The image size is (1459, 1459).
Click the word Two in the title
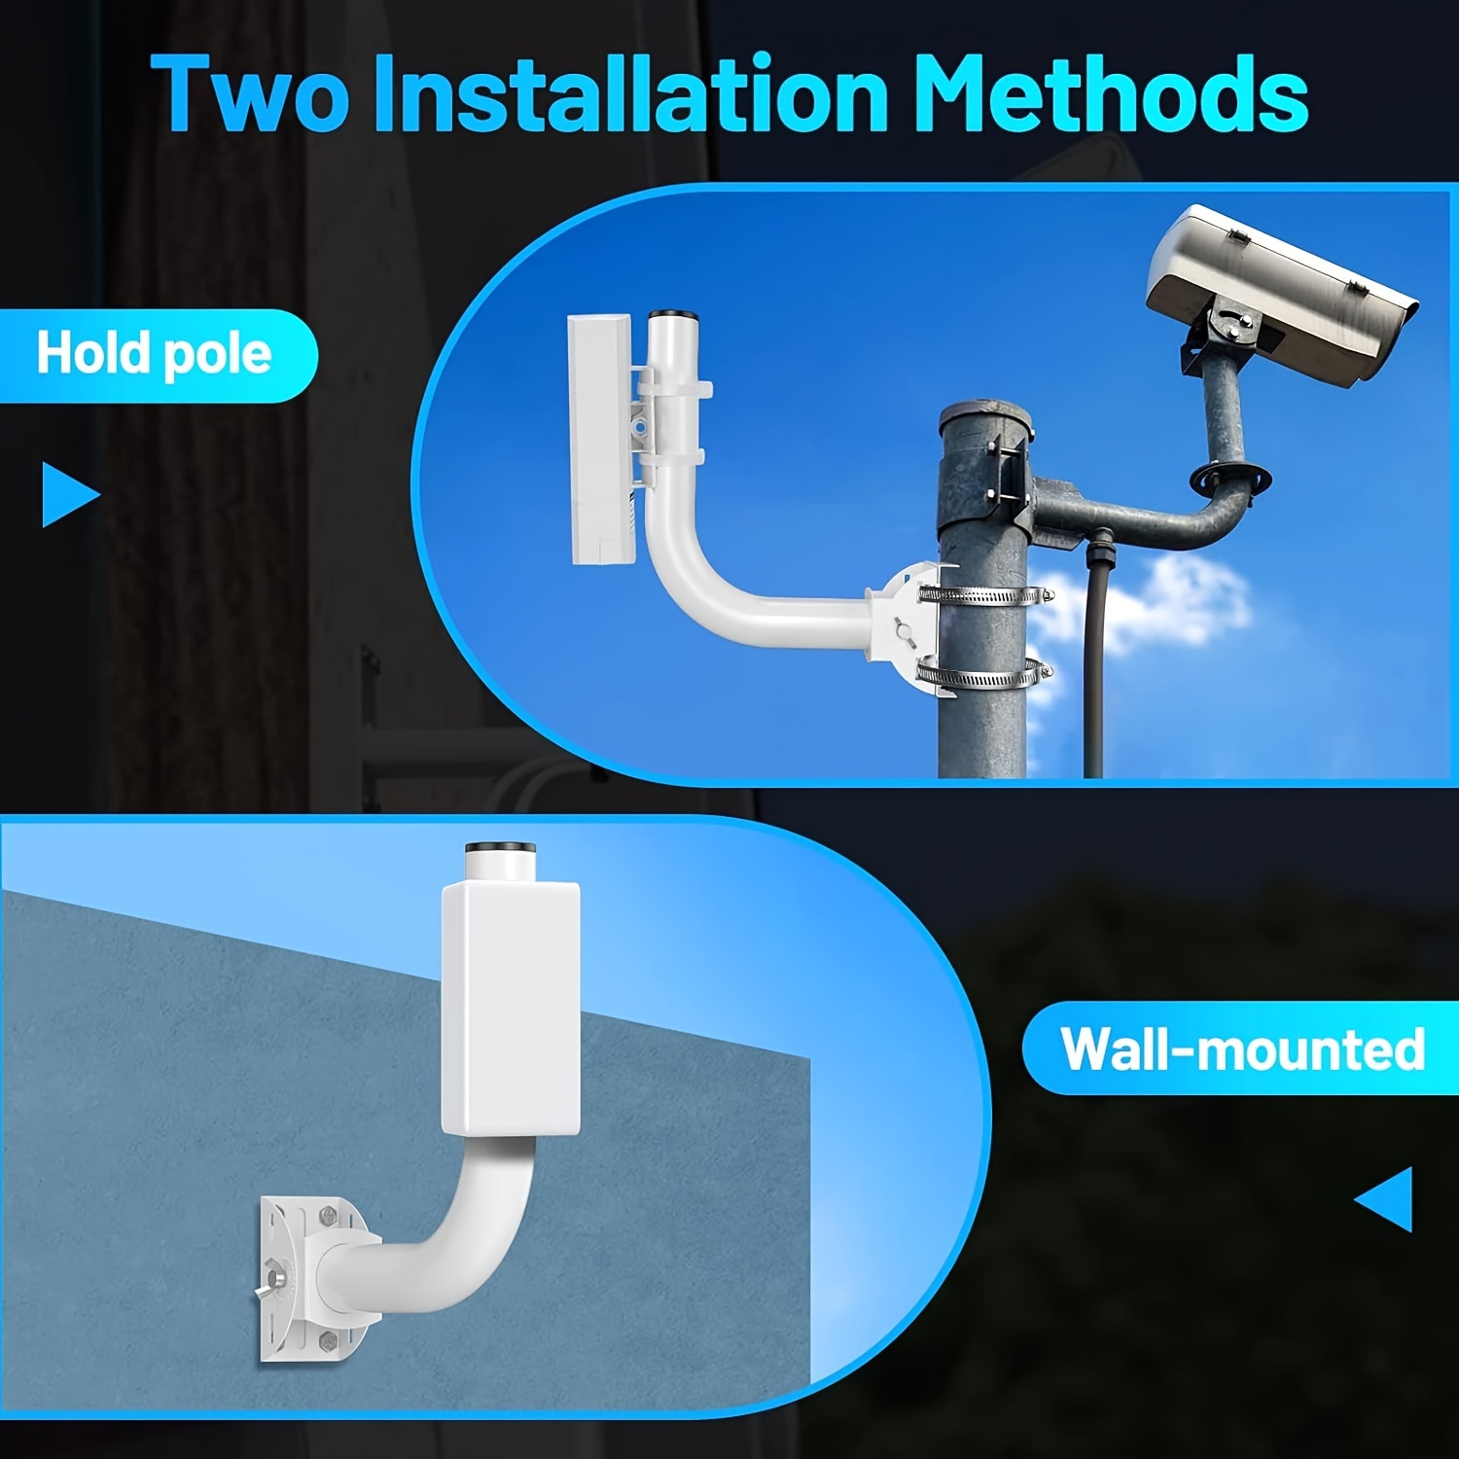[x=249, y=94]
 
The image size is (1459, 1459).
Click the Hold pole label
[x=154, y=354]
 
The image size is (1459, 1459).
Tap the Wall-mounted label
[x=1242, y=1050]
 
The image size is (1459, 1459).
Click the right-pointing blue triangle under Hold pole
[x=67, y=495]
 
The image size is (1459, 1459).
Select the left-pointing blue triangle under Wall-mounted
[x=1386, y=1199]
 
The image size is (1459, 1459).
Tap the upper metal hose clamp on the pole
[x=984, y=594]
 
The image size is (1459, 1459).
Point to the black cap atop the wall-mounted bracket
[x=501, y=848]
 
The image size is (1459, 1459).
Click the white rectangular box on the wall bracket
[x=511, y=1007]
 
